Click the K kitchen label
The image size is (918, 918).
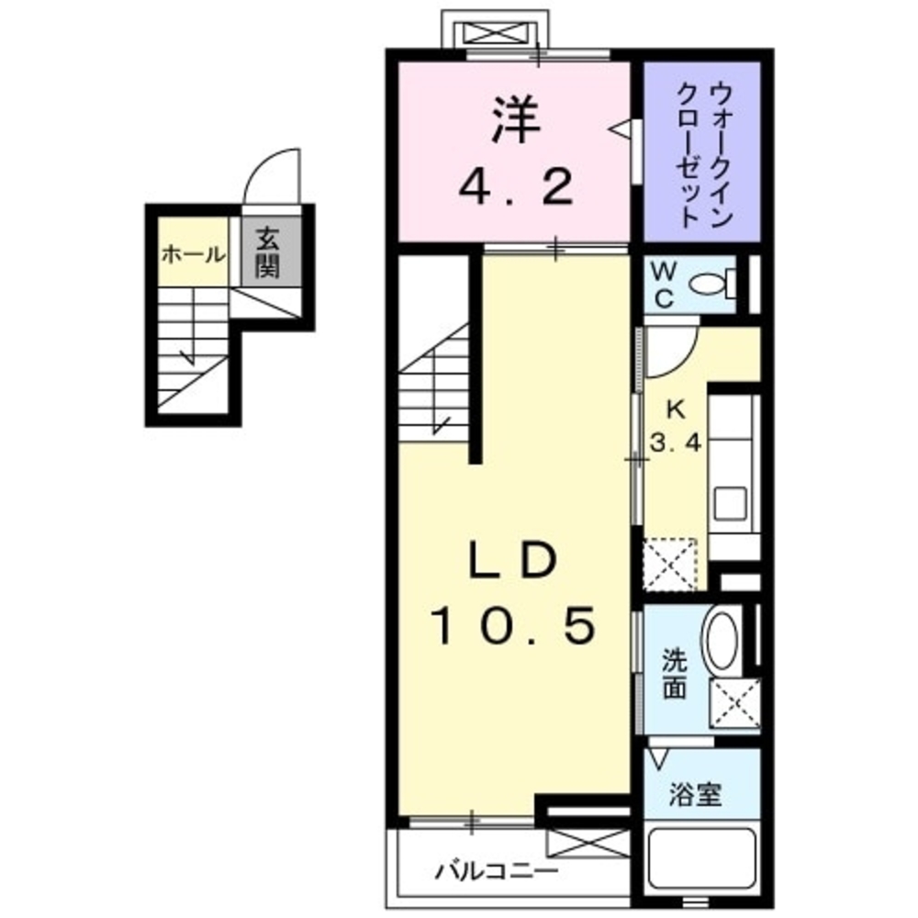coord(675,409)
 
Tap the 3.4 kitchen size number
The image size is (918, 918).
coord(676,443)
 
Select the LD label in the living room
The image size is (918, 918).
coord(511,561)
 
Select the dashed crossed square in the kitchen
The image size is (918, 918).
coord(670,565)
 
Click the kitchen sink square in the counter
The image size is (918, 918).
coord(732,502)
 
